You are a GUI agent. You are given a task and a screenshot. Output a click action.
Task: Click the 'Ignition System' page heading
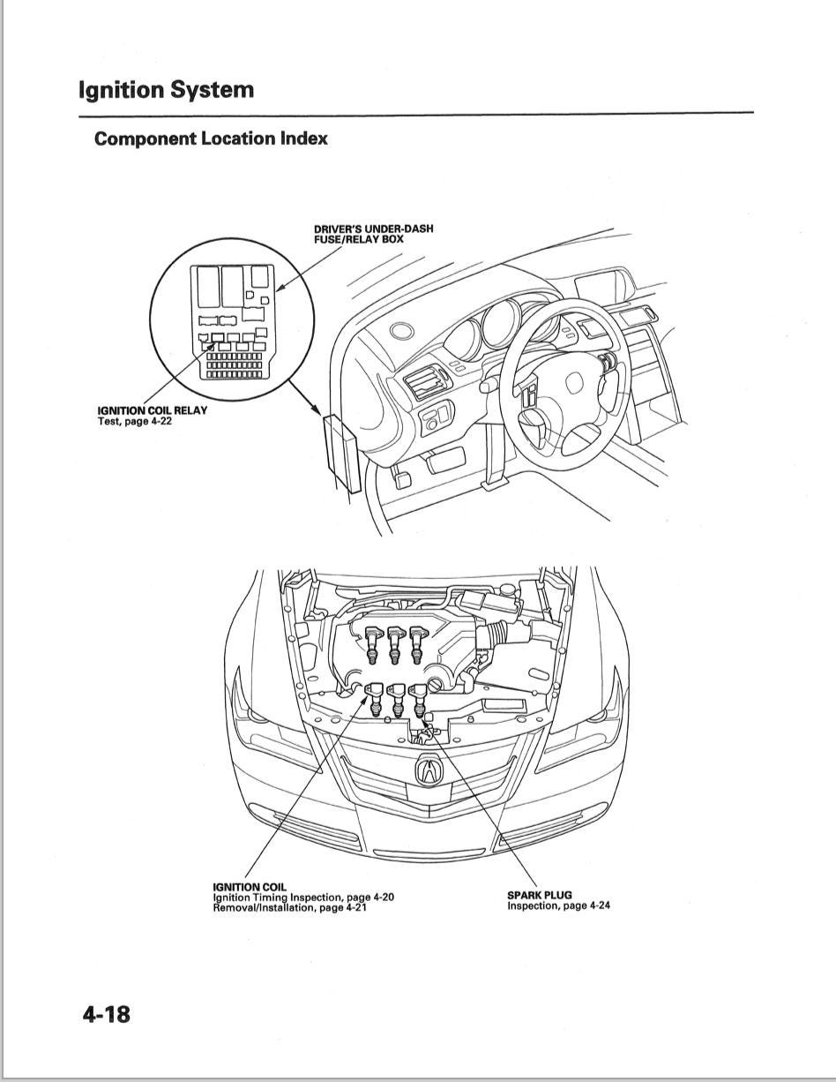click(x=166, y=90)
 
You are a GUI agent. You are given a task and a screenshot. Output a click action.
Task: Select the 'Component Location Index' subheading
click(x=211, y=139)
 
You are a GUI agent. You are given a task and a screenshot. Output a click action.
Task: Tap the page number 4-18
click(x=106, y=1014)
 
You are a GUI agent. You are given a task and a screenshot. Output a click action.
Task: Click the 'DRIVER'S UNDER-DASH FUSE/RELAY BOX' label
click(x=373, y=234)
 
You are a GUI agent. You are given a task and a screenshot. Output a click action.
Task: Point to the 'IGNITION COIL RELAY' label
click(x=152, y=410)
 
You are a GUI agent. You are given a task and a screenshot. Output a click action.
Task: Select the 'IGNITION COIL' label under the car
click(x=250, y=887)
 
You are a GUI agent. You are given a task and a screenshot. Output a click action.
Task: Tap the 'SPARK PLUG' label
click(x=539, y=895)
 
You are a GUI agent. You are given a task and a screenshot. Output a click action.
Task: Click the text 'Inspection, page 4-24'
click(x=558, y=905)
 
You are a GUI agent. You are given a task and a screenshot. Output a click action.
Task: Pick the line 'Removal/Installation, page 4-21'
click(x=289, y=907)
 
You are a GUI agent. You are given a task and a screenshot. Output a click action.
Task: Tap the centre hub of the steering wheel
click(x=574, y=382)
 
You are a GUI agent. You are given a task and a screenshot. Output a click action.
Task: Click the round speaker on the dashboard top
click(x=403, y=333)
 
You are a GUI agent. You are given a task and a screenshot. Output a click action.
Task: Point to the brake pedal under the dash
click(x=399, y=479)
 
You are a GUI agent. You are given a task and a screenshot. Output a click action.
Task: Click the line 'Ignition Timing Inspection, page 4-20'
click(x=303, y=898)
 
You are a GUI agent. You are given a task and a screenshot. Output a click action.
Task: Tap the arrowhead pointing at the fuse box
click(x=317, y=411)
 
